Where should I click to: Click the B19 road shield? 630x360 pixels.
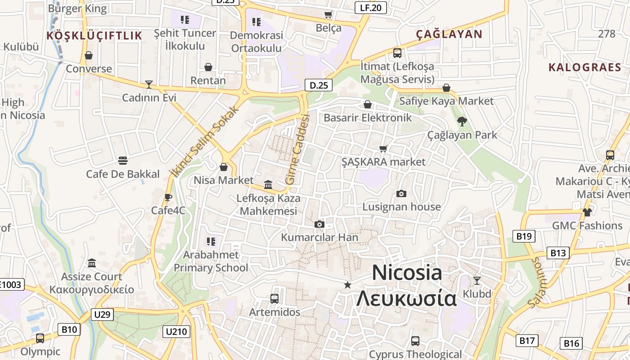tap(524, 236)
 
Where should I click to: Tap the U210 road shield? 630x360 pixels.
tap(176, 332)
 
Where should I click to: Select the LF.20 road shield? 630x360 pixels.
tap(370, 7)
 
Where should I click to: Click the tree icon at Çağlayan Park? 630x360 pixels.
tap(462, 121)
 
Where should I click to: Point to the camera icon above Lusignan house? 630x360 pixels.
tap(401, 193)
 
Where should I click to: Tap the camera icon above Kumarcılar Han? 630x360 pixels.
tap(319, 224)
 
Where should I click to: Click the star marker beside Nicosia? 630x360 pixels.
tap(347, 285)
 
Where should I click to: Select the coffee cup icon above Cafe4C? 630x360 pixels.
tap(168, 197)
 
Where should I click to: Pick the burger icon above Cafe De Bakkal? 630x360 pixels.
tap(122, 161)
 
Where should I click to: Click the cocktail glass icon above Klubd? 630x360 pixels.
tap(477, 281)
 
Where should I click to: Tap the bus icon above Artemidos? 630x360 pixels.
tap(274, 298)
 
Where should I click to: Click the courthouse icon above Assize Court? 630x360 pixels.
tap(92, 263)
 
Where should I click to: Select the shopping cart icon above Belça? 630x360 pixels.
tap(328, 15)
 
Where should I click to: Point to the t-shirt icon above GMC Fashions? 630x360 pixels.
tap(587, 212)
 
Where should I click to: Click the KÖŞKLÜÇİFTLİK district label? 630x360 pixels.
tap(94, 36)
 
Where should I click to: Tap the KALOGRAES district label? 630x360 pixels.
tap(585, 67)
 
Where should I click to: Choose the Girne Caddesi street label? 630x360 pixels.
tap(298, 149)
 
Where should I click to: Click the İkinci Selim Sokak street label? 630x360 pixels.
tap(205, 141)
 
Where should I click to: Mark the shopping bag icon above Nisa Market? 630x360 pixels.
tap(224, 167)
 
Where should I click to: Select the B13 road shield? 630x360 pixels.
tap(558, 253)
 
